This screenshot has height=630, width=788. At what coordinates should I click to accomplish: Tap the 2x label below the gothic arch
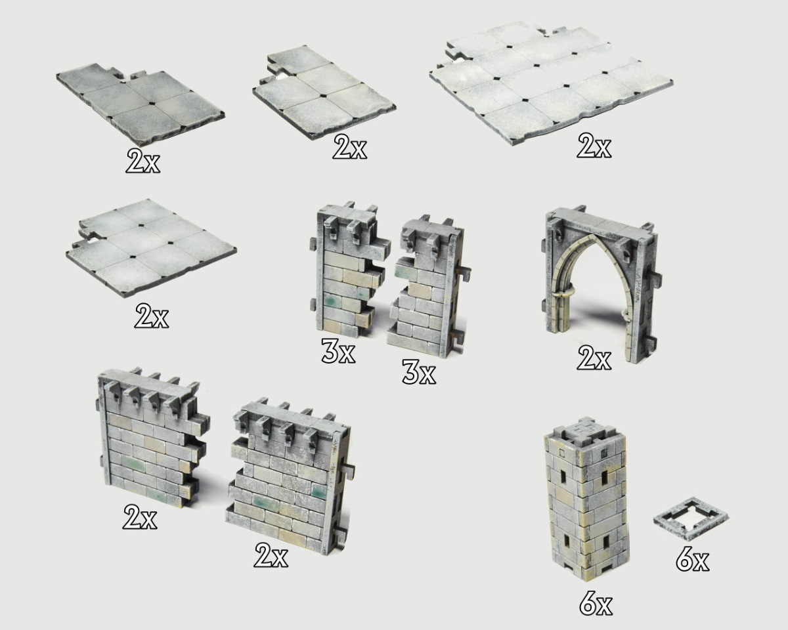594,358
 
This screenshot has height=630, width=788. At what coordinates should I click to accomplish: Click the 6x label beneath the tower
596,606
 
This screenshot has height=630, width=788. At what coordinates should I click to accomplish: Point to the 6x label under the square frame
692,559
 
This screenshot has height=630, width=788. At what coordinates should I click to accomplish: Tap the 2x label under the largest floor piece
594,146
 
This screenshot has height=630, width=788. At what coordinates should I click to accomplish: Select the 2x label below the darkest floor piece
142,161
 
